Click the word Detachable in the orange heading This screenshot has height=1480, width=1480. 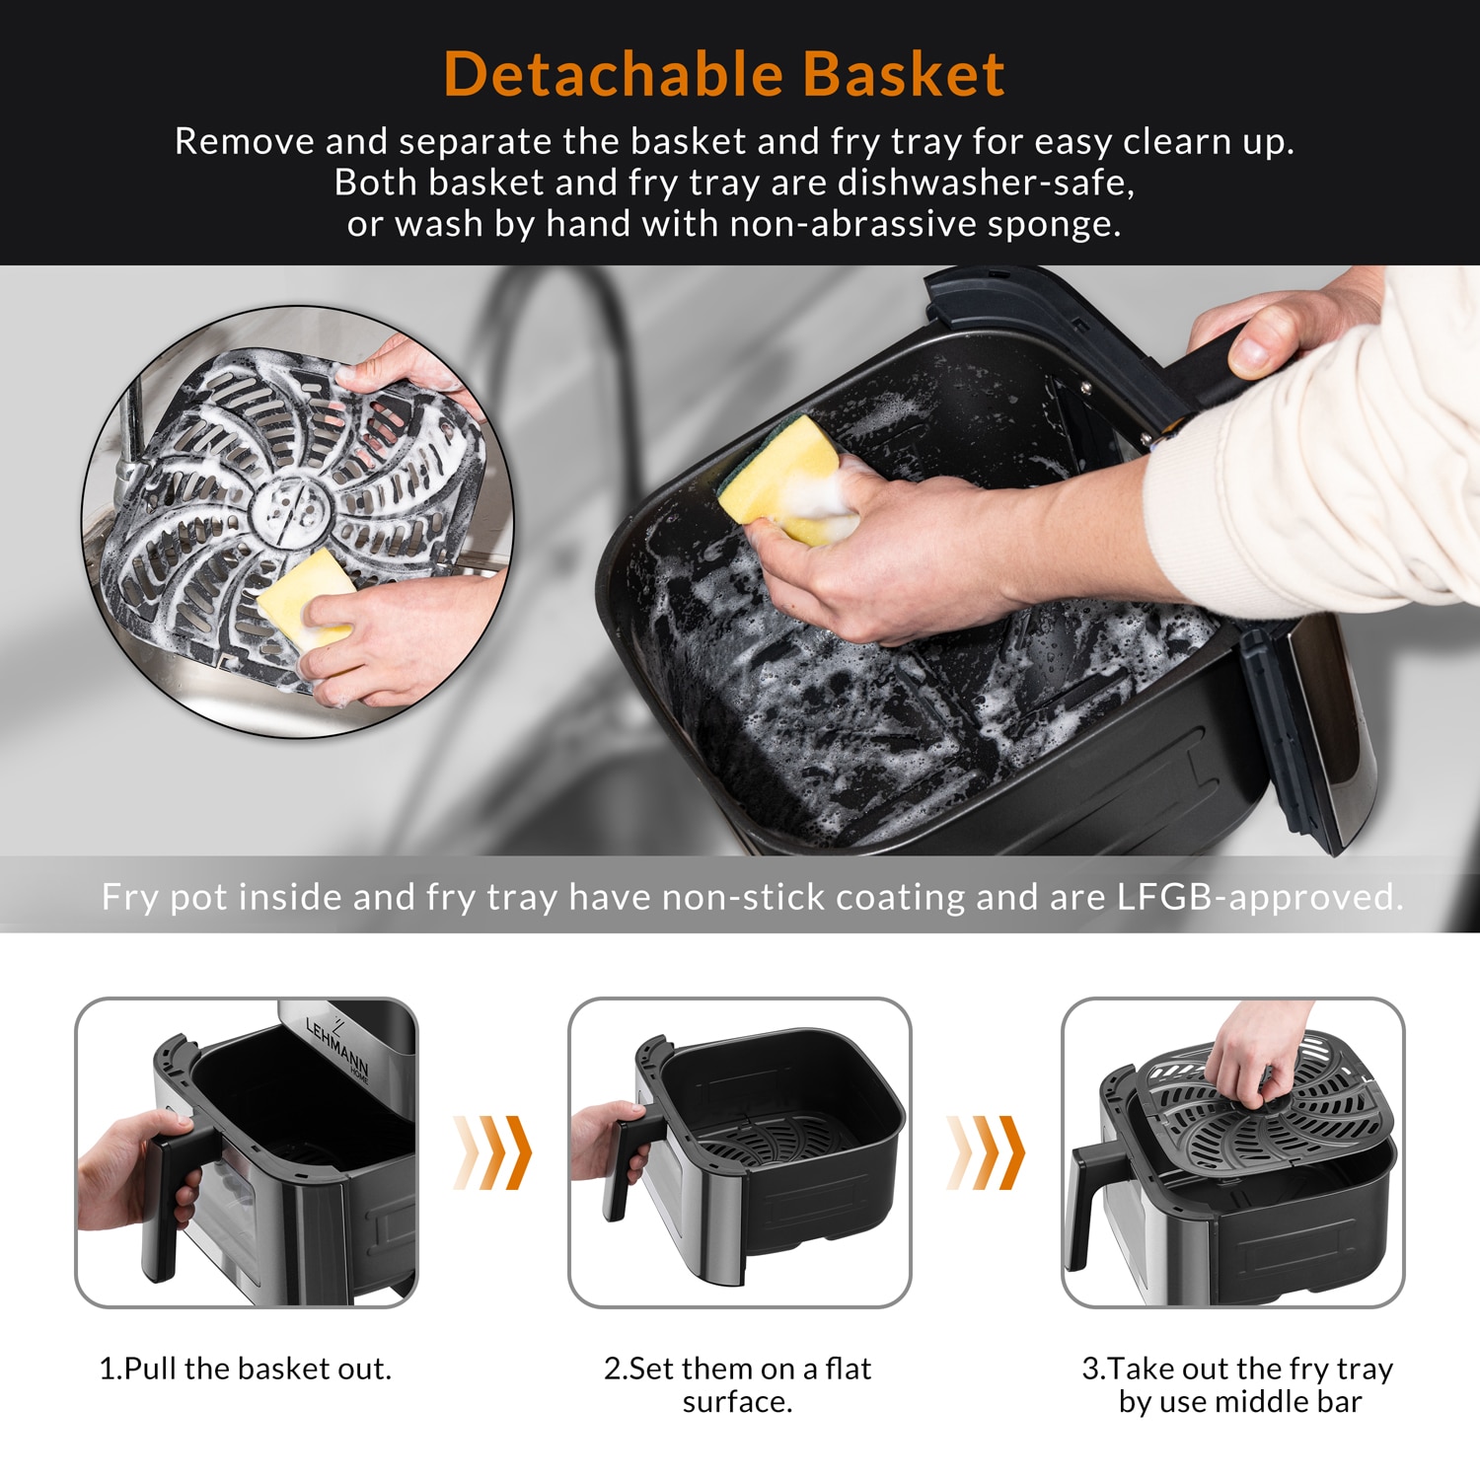point(612,75)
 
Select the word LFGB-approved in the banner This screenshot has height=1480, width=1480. point(1259,897)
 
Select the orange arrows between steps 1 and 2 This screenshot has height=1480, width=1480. point(493,1152)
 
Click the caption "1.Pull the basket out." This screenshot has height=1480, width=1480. point(246,1369)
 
